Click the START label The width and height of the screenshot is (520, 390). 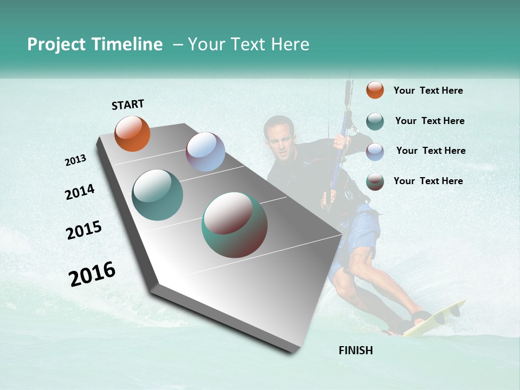point(128,104)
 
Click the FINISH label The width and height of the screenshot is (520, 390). point(356,350)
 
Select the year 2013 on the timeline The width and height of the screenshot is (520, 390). point(76,160)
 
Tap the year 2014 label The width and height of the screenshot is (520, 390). point(80,192)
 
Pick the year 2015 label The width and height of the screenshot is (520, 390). point(84,230)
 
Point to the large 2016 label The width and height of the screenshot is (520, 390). point(92,274)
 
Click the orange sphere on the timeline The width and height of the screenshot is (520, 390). point(132,133)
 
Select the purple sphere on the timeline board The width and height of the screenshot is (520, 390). point(205,152)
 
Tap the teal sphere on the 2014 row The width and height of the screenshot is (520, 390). point(158,195)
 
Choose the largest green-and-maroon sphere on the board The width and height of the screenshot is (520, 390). point(235,225)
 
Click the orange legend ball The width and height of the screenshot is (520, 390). point(375,90)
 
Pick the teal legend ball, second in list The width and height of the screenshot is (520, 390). point(375,121)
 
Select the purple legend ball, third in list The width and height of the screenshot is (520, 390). point(375,151)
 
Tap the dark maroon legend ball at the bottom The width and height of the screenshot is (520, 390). point(375,181)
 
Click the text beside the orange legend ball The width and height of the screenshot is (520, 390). point(428,90)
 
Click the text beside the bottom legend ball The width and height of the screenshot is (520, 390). point(428,181)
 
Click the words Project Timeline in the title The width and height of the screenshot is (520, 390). point(95,44)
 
